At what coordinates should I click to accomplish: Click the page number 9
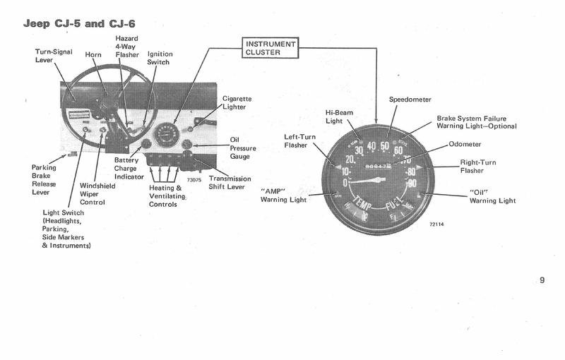pos(542,280)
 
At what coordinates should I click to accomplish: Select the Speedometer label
pos(410,100)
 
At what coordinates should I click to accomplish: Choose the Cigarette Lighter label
pos(237,103)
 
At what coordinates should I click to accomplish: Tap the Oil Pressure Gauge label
pos(243,148)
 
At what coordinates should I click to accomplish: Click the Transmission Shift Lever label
pos(232,183)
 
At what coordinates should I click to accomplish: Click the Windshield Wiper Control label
pos(91,191)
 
